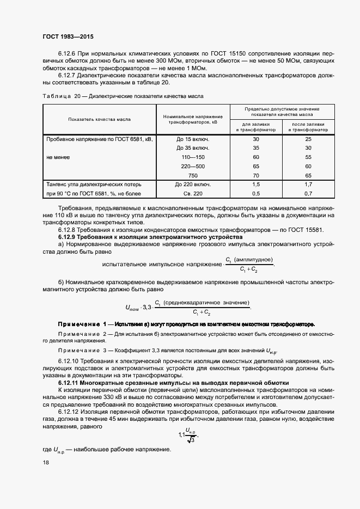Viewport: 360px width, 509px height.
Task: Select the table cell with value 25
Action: pos(308,139)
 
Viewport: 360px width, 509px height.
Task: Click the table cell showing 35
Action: pos(256,148)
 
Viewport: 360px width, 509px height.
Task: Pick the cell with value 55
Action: pos(308,157)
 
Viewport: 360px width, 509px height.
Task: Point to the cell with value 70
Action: pos(256,175)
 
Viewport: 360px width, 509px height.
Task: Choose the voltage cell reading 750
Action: pos(193,175)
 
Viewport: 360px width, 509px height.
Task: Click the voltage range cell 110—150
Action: pos(193,157)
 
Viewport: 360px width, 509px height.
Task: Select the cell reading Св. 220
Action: pos(193,194)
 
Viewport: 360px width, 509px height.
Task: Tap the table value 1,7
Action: pos(308,185)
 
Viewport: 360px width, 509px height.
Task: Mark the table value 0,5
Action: pos(256,194)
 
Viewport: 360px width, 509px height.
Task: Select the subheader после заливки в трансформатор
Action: pos(308,127)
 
